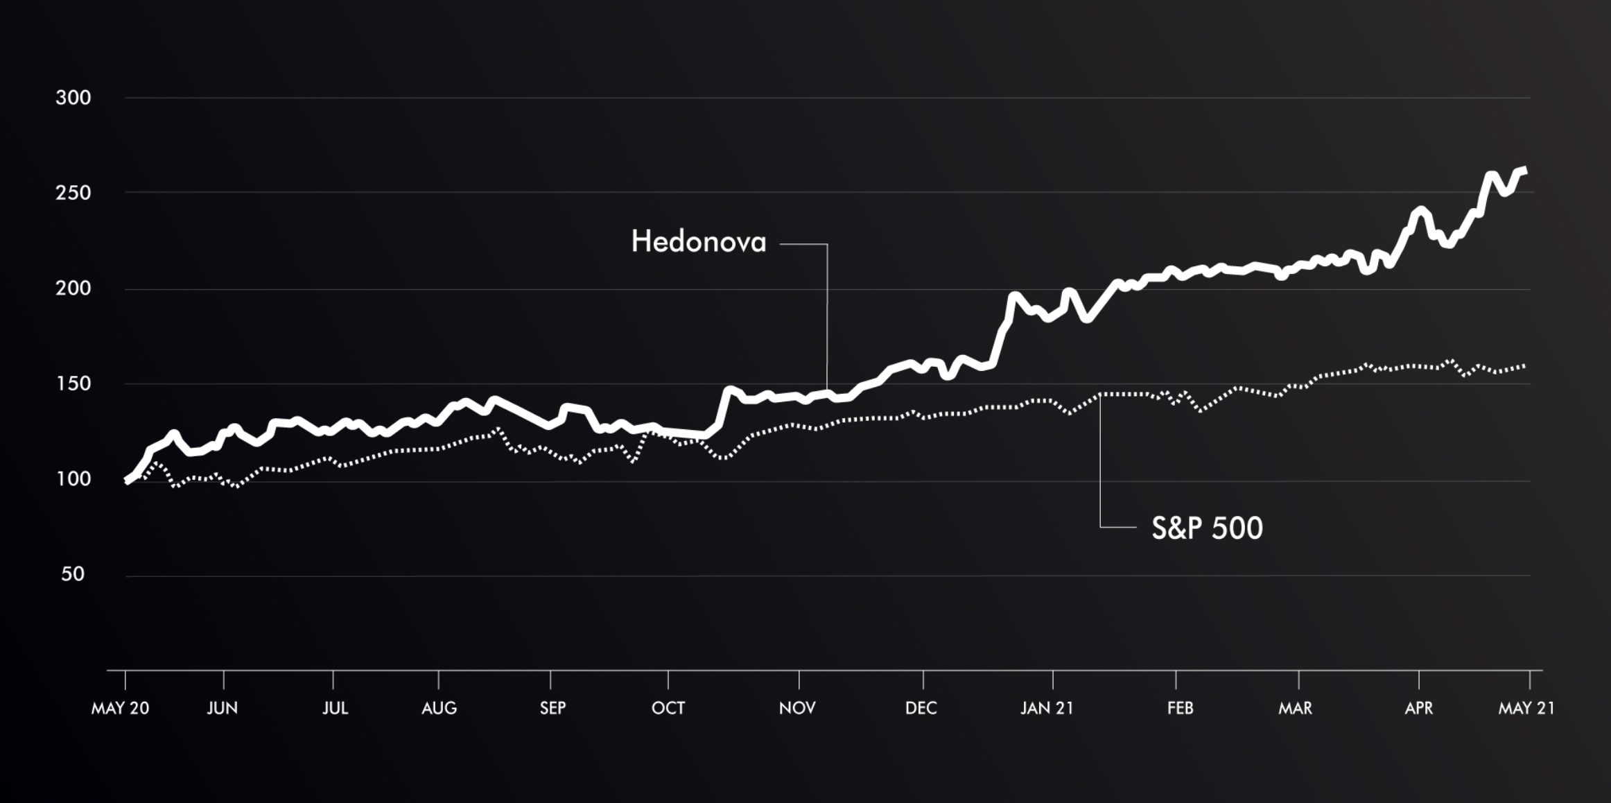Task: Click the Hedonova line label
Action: click(698, 242)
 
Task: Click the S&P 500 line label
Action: click(1207, 528)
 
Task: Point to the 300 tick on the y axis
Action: click(73, 98)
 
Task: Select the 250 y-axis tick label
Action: click(73, 193)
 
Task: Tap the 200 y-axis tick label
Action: click(73, 288)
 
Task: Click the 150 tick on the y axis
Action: click(73, 383)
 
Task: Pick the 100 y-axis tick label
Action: click(73, 479)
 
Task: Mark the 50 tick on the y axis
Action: click(73, 574)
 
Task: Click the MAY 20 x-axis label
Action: click(120, 708)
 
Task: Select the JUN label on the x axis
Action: click(222, 708)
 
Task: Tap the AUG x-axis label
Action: click(439, 708)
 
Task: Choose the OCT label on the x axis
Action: click(668, 708)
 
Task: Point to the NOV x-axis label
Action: click(797, 708)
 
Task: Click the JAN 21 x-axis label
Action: click(1047, 708)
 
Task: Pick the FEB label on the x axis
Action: click(1180, 708)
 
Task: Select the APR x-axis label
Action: click(1418, 708)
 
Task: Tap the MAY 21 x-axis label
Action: click(1526, 708)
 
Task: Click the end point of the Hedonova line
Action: click(1525, 171)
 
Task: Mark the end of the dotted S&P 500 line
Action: click(1524, 365)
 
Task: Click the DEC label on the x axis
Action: click(921, 708)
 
